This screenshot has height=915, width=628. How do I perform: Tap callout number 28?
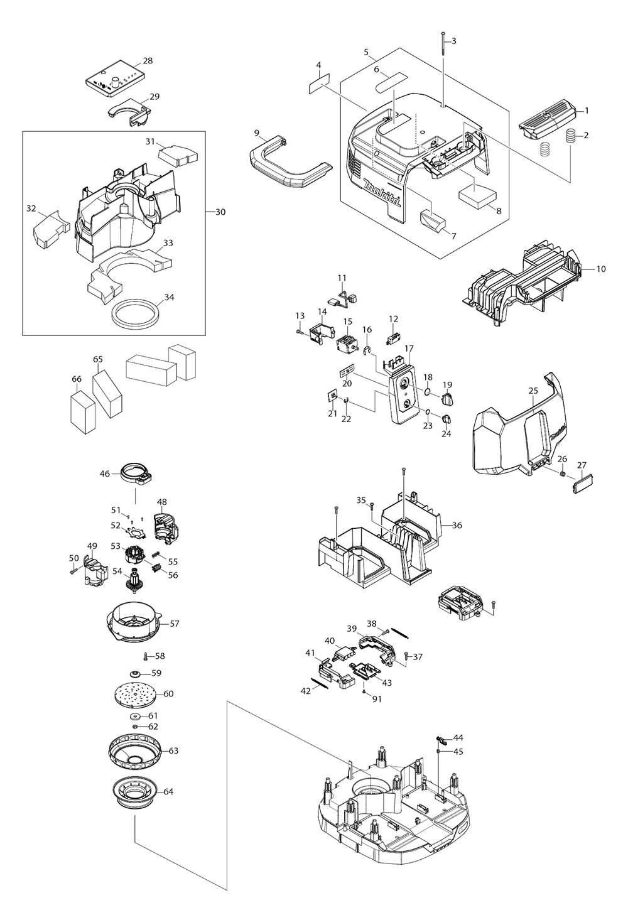[x=148, y=61]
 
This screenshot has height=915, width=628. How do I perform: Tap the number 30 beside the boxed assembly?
[x=220, y=212]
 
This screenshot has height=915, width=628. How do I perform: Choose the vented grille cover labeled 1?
[x=546, y=117]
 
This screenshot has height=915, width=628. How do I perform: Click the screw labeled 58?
[x=145, y=656]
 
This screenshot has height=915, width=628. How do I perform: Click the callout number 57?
[x=175, y=624]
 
